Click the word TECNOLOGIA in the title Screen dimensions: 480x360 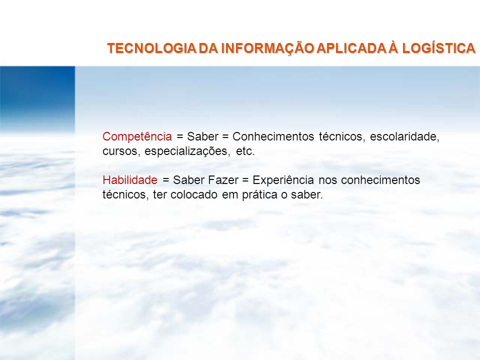coord(151,48)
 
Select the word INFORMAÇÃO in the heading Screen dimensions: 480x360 coord(267,48)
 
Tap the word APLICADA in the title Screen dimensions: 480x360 coord(351,48)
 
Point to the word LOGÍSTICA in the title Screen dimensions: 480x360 coord(438,48)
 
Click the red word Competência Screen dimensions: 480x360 coord(137,136)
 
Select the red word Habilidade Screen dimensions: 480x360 coord(130,180)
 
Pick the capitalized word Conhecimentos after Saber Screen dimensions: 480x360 coord(273,136)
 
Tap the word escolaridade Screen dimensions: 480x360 coord(404,137)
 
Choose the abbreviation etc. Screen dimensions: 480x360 coord(245,151)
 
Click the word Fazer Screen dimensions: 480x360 coord(223,180)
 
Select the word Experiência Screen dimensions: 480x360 coord(283,180)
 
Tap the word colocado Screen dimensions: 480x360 coord(194,194)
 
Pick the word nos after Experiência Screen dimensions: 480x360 coord(327,180)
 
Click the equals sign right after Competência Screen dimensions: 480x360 coord(179,137)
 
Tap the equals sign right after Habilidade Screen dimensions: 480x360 coord(166,180)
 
